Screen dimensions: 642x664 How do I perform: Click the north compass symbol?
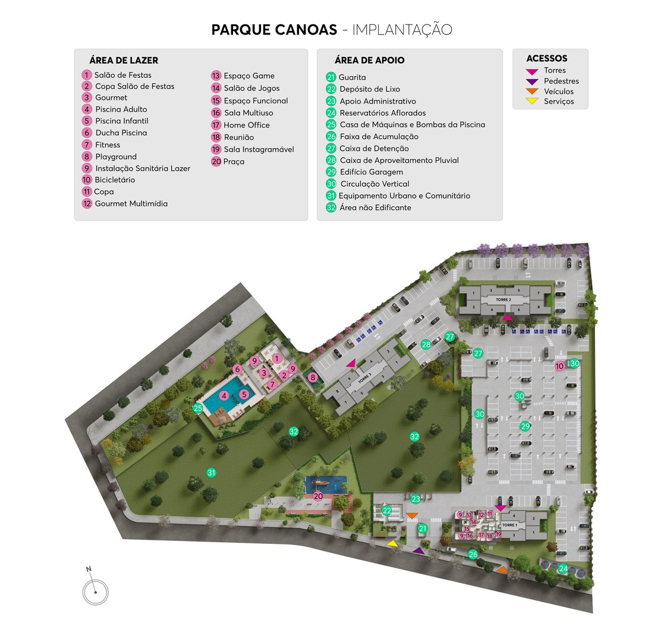[x=95, y=591]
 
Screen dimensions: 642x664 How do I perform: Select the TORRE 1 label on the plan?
[x=510, y=525]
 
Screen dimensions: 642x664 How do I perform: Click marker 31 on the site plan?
[x=211, y=473]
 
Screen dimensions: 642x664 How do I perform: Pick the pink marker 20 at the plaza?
[x=318, y=496]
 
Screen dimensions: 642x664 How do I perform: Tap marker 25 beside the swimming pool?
[x=198, y=408]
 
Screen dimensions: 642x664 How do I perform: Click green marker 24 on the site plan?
[x=563, y=568]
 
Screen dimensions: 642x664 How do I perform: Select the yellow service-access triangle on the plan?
[x=392, y=543]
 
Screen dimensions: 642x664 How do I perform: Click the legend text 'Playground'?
[x=116, y=157]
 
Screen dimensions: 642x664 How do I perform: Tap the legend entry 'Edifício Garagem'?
[x=372, y=172]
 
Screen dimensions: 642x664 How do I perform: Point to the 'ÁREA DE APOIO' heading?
[x=369, y=60]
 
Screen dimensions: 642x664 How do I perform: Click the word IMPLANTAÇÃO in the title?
[x=402, y=30]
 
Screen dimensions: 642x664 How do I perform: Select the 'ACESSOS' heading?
[x=546, y=59]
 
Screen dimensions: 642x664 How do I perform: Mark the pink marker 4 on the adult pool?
[x=224, y=395]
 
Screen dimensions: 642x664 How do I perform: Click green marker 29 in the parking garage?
[x=525, y=426]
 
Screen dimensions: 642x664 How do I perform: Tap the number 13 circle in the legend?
[x=216, y=75]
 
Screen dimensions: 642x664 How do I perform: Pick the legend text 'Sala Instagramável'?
[x=259, y=149]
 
